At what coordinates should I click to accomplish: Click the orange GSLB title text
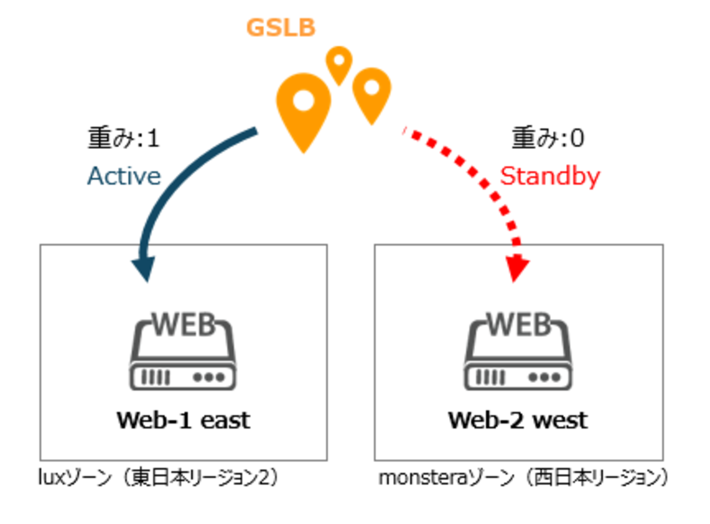[x=281, y=27]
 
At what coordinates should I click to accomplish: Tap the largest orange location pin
[x=304, y=107]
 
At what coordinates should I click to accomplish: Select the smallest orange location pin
[x=339, y=63]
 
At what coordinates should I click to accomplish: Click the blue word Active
[x=124, y=176]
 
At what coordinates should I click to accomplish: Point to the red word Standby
[x=549, y=176]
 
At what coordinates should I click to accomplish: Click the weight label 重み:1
[x=123, y=138]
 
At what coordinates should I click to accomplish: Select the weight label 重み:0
[x=547, y=138]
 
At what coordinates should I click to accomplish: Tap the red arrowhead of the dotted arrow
[x=514, y=268]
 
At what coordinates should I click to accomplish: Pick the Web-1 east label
[x=184, y=420]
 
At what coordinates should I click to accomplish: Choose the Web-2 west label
[x=518, y=420]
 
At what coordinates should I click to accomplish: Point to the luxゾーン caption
[x=158, y=477]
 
